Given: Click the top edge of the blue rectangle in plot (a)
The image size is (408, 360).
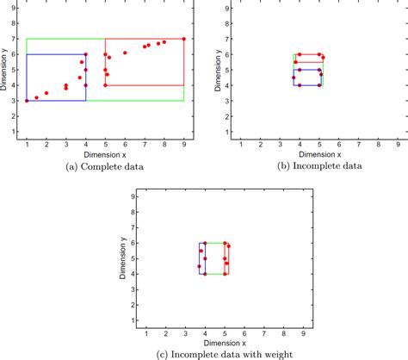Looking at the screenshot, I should coord(56,54).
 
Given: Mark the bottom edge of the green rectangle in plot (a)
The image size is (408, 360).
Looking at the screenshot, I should coord(105,101).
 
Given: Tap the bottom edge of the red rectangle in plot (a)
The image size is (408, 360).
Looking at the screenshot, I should coord(145,85).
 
